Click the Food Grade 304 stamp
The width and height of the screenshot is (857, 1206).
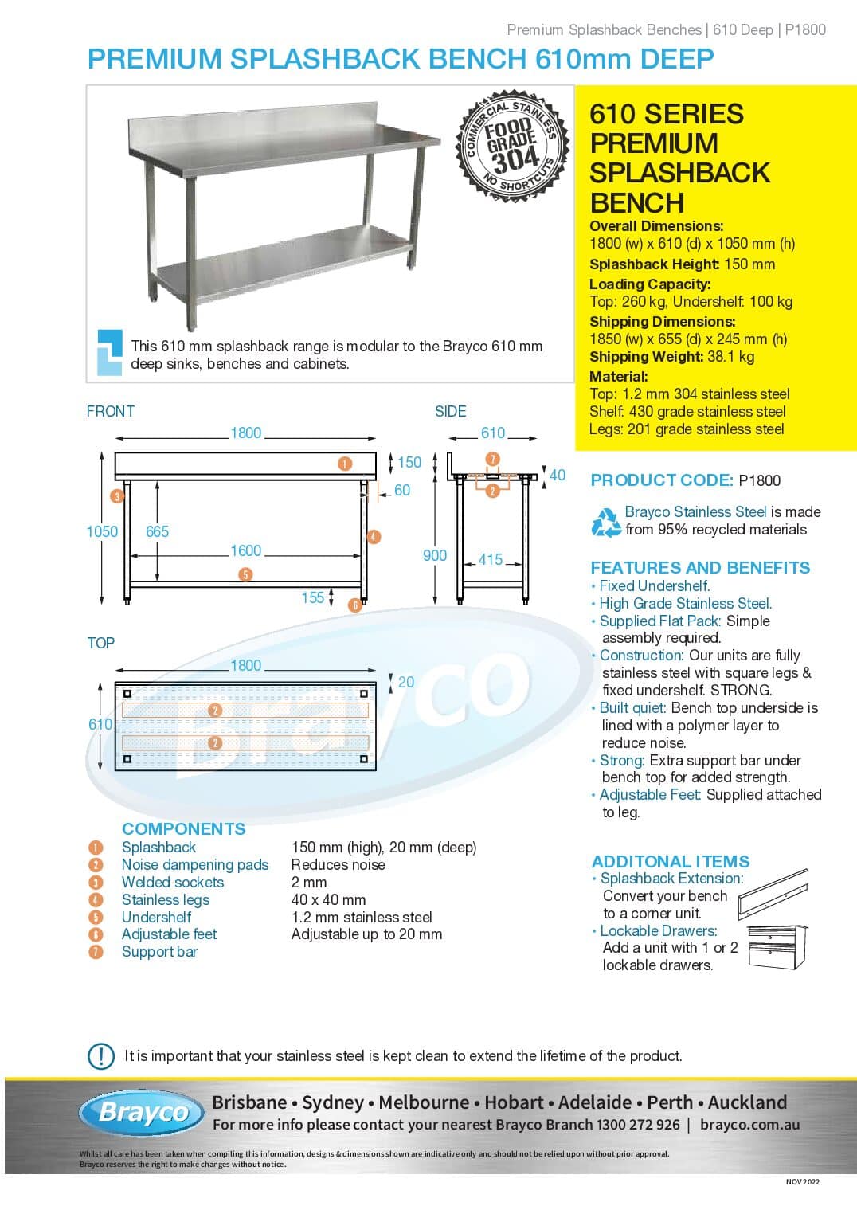(x=511, y=146)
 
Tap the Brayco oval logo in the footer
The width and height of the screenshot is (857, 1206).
(x=142, y=1112)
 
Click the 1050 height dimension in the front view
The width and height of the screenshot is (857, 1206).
(x=102, y=531)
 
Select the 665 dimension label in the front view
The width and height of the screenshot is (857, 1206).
(x=157, y=531)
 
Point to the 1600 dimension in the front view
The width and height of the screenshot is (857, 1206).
(x=246, y=550)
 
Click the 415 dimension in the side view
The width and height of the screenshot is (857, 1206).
(x=491, y=559)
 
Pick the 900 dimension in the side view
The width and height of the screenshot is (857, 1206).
(x=435, y=555)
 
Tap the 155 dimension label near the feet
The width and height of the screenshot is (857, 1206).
(x=313, y=597)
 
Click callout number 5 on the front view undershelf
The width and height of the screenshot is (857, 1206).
(x=245, y=574)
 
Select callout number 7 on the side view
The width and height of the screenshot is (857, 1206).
(x=492, y=459)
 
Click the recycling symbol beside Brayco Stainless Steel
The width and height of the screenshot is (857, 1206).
(x=606, y=523)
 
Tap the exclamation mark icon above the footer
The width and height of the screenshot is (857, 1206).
(x=100, y=1055)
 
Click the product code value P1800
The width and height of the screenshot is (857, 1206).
(x=760, y=480)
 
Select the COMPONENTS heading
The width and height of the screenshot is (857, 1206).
(x=183, y=828)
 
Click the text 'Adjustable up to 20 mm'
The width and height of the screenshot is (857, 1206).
(x=366, y=934)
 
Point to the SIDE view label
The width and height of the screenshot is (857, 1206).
(x=451, y=411)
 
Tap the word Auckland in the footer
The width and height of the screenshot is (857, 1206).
(x=747, y=1102)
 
